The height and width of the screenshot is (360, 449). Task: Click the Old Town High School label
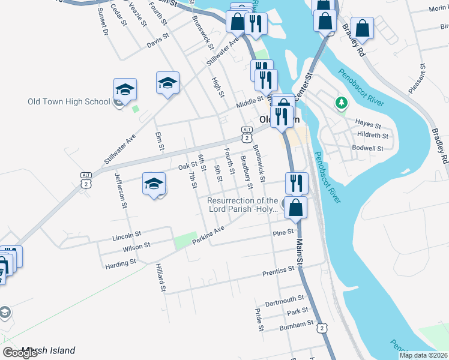(x=69, y=101)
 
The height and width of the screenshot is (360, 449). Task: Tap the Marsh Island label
(x=48, y=350)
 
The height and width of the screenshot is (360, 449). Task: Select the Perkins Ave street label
(x=208, y=236)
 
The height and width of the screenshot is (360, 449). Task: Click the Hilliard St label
(x=161, y=277)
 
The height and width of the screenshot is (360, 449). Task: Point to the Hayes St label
(x=368, y=124)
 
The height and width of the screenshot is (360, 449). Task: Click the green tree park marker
(x=342, y=103)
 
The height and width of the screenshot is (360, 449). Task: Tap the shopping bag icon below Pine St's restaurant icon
(x=296, y=208)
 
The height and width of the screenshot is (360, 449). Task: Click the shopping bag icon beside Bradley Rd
(x=363, y=28)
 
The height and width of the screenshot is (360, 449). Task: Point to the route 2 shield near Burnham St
(x=323, y=328)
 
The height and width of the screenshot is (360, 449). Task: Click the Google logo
(x=20, y=353)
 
